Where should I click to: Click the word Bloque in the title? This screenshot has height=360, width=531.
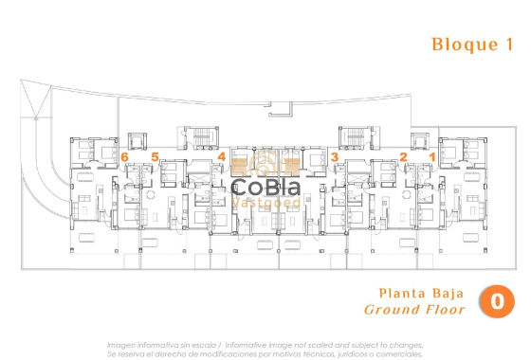tap(458, 44)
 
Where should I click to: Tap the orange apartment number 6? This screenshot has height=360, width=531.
tap(125, 156)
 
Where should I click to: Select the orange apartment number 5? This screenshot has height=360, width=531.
tap(155, 156)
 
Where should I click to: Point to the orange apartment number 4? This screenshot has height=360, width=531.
tap(221, 156)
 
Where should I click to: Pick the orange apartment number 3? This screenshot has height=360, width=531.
tap(335, 156)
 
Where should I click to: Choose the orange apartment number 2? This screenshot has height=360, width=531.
tap(403, 156)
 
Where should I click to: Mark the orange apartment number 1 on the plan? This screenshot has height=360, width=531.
tap(432, 156)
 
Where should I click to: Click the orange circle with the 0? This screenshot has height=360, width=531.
tap(497, 302)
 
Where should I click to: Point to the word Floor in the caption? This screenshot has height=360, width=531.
tap(448, 310)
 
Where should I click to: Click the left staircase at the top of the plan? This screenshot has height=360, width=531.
tap(201, 138)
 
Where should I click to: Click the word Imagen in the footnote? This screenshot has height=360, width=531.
tap(121, 345)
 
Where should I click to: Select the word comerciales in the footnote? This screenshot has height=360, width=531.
tap(397, 353)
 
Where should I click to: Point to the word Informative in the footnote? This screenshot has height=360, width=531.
tap(255, 345)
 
